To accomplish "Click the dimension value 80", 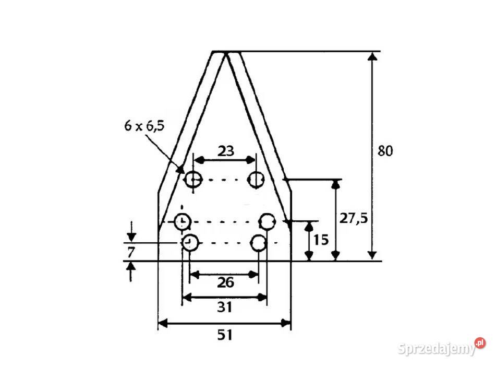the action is point(385,151).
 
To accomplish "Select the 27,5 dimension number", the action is point(354,218).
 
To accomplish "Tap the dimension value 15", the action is point(321,240).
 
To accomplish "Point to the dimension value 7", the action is point(131,252).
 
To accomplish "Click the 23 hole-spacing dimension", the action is point(225,151).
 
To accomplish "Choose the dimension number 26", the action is point(225,282).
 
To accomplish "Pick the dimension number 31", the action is point(225,307).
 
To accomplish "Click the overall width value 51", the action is point(225,335).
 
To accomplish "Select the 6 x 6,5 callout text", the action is point(144,126).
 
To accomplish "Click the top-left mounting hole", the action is point(193,180).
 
